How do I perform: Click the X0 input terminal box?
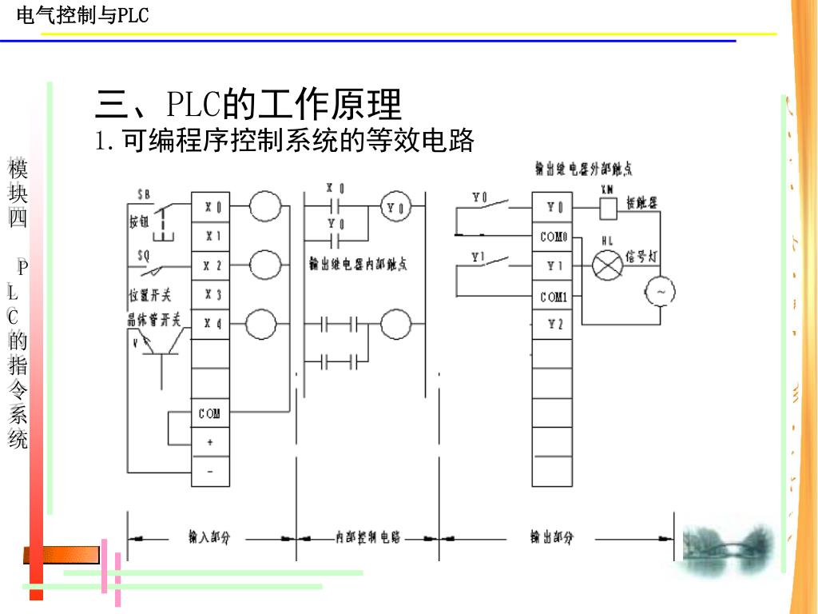point(211,207)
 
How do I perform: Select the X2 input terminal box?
point(211,265)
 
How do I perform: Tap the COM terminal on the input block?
point(210,413)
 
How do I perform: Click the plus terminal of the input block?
point(210,441)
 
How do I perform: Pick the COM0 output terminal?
point(553,237)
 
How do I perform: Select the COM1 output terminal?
point(553,297)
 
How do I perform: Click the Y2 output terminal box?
point(553,324)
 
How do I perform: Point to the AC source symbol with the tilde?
point(661,293)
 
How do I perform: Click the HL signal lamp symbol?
point(606,265)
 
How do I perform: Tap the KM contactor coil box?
point(607,208)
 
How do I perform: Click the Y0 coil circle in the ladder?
point(395,208)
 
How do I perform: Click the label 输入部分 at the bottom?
point(208,538)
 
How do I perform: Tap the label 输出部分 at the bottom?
point(551,538)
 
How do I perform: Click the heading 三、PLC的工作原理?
point(248,105)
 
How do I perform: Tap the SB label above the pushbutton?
point(144,193)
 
